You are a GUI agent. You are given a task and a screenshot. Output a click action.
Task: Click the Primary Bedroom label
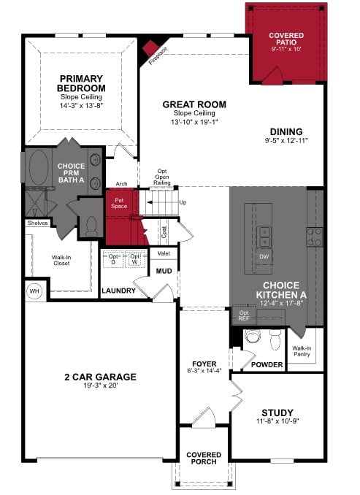(x=81, y=83)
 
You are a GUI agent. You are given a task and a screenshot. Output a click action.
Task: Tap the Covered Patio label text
(x=286, y=35)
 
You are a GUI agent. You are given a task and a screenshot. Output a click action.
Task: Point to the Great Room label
(x=194, y=104)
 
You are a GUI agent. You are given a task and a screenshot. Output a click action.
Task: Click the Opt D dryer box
(x=113, y=260)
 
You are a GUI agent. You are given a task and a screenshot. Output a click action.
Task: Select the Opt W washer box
(x=135, y=260)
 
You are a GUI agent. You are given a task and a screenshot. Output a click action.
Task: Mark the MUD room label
(x=164, y=272)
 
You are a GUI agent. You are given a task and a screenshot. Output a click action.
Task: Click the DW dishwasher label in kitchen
(x=264, y=257)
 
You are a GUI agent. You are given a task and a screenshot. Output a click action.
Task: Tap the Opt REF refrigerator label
(x=243, y=316)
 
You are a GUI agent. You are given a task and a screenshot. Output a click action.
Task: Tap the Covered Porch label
(x=204, y=458)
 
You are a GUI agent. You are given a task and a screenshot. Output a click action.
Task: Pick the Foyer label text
(x=204, y=363)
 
